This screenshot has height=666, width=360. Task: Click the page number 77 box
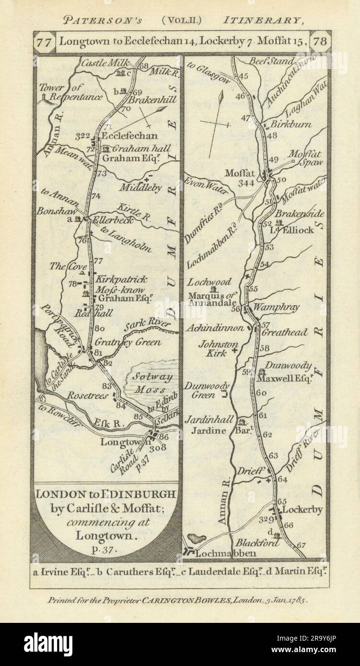[44, 41]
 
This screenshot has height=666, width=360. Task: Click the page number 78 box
[319, 41]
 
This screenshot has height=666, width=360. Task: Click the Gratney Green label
[128, 343]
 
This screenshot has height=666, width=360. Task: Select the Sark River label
[147, 326]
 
